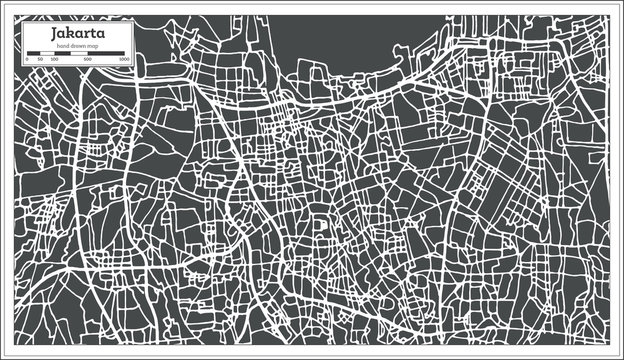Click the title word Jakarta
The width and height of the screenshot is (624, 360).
(78, 34)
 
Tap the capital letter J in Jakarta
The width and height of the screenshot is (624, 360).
(55, 34)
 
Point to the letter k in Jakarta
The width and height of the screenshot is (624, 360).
(70, 33)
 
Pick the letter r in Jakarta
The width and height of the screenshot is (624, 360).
(85, 35)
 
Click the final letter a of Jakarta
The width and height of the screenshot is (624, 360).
(100, 35)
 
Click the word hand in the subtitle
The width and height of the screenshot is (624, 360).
(63, 46)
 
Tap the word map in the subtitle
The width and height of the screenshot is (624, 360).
(93, 46)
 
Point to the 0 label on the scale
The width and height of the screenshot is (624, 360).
(27, 59)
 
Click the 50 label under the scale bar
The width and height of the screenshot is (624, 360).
(40, 59)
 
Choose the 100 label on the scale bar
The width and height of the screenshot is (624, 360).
(54, 59)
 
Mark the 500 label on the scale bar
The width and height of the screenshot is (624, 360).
(88, 59)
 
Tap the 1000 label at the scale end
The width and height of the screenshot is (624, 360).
(124, 59)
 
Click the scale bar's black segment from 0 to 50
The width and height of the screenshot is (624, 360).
(33, 53)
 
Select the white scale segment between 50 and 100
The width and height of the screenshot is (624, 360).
(47, 53)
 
